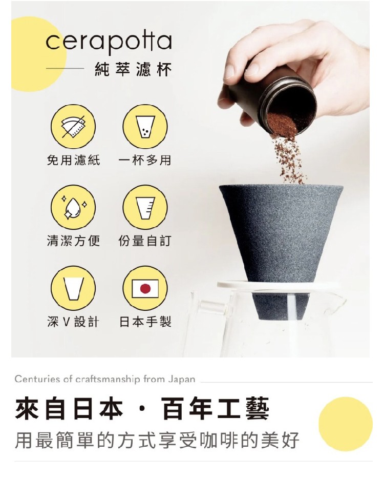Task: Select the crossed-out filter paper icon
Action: [73, 126]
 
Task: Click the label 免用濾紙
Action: [73, 160]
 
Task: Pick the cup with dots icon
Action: [145, 126]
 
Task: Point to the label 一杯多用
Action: [145, 160]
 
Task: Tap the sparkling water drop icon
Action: [73, 207]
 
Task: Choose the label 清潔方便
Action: [73, 241]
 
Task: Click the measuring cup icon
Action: [145, 207]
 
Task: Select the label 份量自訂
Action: [145, 241]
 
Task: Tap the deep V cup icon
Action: [73, 288]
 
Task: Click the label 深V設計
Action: [73, 322]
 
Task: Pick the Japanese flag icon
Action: [145, 288]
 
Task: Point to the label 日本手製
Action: [145, 322]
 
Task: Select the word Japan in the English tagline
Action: [182, 379]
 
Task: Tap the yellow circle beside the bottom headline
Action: [346, 424]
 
